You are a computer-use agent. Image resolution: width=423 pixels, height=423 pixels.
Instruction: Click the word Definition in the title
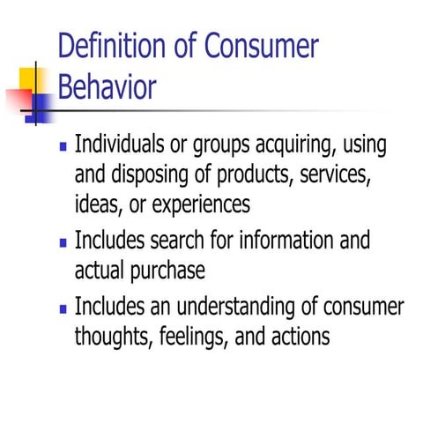coord(113,46)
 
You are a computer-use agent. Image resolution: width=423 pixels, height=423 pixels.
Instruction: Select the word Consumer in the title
coord(261,46)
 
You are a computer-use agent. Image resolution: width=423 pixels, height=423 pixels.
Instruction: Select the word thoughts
coord(112,336)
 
